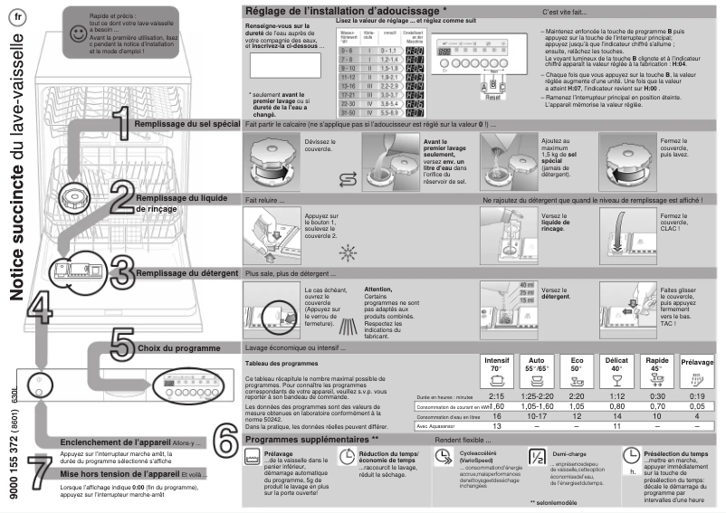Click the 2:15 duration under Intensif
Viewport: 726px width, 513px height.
click(x=496, y=396)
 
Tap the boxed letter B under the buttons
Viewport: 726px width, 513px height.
click(x=492, y=83)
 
